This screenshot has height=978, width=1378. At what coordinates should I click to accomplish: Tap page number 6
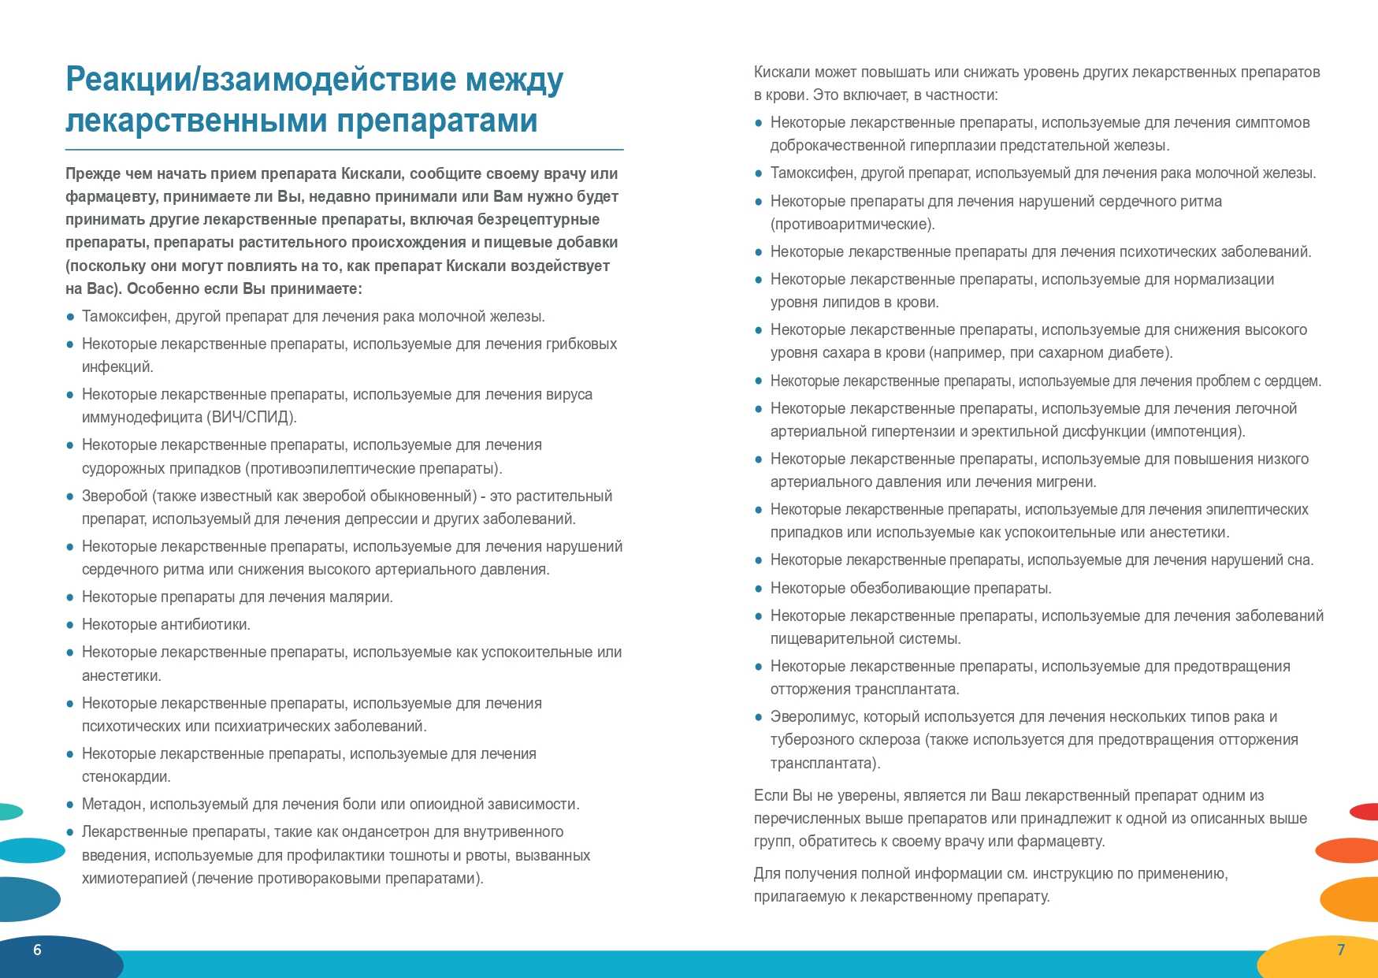(x=37, y=950)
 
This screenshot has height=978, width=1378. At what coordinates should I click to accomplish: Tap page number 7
(x=1341, y=950)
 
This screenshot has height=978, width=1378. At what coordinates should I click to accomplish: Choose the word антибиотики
(x=205, y=624)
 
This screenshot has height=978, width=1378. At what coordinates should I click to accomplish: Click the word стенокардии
(x=126, y=776)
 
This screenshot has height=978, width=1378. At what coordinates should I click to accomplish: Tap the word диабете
(x=1140, y=352)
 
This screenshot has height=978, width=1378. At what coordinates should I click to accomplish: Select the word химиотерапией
(x=134, y=878)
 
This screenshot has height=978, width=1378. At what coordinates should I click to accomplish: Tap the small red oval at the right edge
(x=1365, y=811)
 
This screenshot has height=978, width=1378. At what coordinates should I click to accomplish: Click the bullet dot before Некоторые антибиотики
(x=70, y=625)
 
